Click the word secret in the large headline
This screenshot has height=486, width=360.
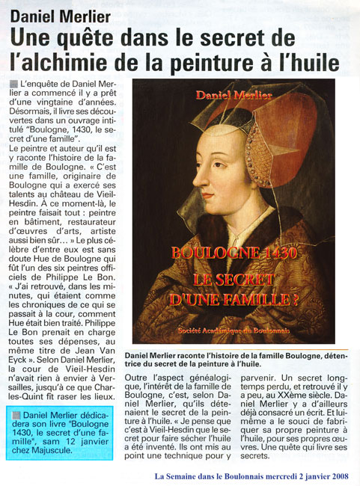click(x=257, y=37)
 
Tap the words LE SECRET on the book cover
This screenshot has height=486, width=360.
click(x=234, y=279)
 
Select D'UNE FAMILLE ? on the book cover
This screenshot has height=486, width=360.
click(x=234, y=301)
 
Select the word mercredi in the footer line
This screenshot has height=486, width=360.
click(x=263, y=475)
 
